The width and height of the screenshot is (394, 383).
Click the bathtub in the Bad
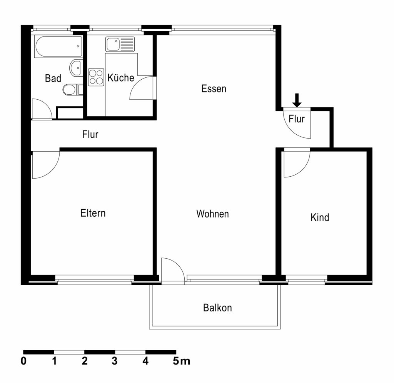coord(58,47)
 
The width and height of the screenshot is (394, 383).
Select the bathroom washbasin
coord(76,68)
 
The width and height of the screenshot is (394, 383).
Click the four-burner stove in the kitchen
coord(96,77)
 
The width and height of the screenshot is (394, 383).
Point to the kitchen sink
coord(120,44)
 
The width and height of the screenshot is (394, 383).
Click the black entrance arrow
coord(297,100)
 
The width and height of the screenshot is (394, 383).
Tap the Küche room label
coord(121,78)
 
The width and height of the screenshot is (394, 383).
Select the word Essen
coord(214,89)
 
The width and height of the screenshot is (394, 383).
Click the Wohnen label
coord(212,214)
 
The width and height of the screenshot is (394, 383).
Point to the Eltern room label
coord(93,213)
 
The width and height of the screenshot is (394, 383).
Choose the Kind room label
coord(320,217)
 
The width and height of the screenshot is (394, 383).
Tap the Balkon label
coord(218,308)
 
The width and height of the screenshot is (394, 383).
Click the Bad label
coord(53,78)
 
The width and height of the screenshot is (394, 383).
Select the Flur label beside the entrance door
coord(297,119)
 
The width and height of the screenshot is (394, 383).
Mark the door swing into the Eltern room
coord(52,171)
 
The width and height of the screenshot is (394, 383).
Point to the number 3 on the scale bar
coord(115,361)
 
